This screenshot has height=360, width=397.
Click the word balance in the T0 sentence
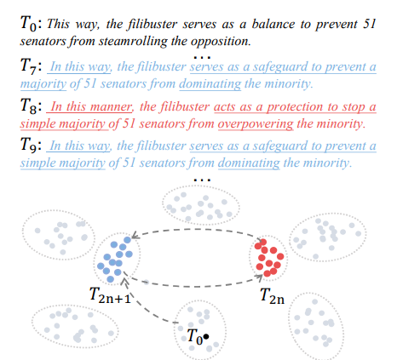click(x=273, y=24)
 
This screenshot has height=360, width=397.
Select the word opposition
click(x=221, y=42)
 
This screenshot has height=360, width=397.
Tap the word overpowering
click(x=256, y=124)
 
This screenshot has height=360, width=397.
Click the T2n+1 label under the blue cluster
click(x=110, y=295)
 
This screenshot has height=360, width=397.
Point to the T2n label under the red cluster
click(x=272, y=296)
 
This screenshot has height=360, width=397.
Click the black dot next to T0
click(x=206, y=336)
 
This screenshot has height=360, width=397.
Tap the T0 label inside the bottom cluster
click(x=195, y=337)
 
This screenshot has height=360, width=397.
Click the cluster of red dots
click(x=269, y=258)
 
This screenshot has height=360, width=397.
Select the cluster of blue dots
click(x=115, y=260)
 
